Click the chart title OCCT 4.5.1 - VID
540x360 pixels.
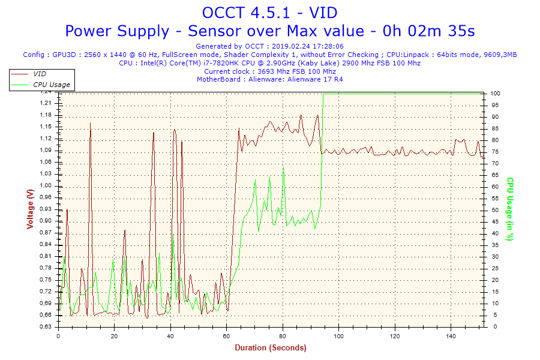[x=270, y=13]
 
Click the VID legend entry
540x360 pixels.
[x=40, y=73]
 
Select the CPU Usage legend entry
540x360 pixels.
[x=51, y=85]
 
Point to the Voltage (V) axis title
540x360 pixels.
[x=30, y=209]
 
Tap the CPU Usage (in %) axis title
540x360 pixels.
[x=511, y=209]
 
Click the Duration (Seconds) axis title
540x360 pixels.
[x=270, y=348]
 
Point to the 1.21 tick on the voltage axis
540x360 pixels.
[x=46, y=103]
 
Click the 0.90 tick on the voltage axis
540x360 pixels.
[x=46, y=221]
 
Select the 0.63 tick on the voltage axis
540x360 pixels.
[x=46, y=327]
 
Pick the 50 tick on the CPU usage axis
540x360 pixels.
[x=494, y=210]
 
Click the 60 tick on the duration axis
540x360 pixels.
[x=227, y=336]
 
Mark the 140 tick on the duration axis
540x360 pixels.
[x=451, y=336]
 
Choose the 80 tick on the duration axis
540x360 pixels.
[x=283, y=336]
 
